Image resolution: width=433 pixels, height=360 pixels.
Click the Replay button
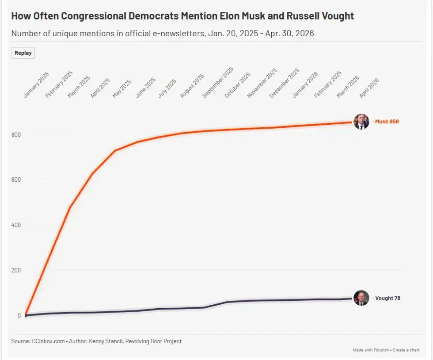23,53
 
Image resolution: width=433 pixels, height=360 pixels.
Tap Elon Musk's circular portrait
361,122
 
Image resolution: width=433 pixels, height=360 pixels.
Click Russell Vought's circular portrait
361,298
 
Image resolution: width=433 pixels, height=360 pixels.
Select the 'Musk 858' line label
387,122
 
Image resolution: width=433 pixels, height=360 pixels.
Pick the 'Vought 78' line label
388,298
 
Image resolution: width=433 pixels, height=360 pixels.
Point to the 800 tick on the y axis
16,135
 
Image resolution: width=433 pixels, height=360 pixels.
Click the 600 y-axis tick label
16,180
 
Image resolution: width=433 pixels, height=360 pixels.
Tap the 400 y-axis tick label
16,225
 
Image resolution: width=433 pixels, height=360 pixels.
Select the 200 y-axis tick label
16,270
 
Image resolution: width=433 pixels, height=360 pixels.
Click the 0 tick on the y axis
19,315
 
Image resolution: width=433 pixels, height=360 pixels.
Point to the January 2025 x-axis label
36,85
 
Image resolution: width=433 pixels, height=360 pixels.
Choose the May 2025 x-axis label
122,88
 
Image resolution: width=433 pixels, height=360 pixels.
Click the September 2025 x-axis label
218,82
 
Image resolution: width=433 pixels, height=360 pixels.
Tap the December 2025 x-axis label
284,83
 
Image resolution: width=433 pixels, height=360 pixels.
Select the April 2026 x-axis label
369,88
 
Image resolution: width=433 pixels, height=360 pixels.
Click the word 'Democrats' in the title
154,16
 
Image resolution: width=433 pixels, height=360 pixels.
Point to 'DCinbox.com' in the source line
48,341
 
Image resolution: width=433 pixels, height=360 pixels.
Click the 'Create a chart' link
406,350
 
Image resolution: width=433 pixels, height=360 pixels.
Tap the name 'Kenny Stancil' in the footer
106,341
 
